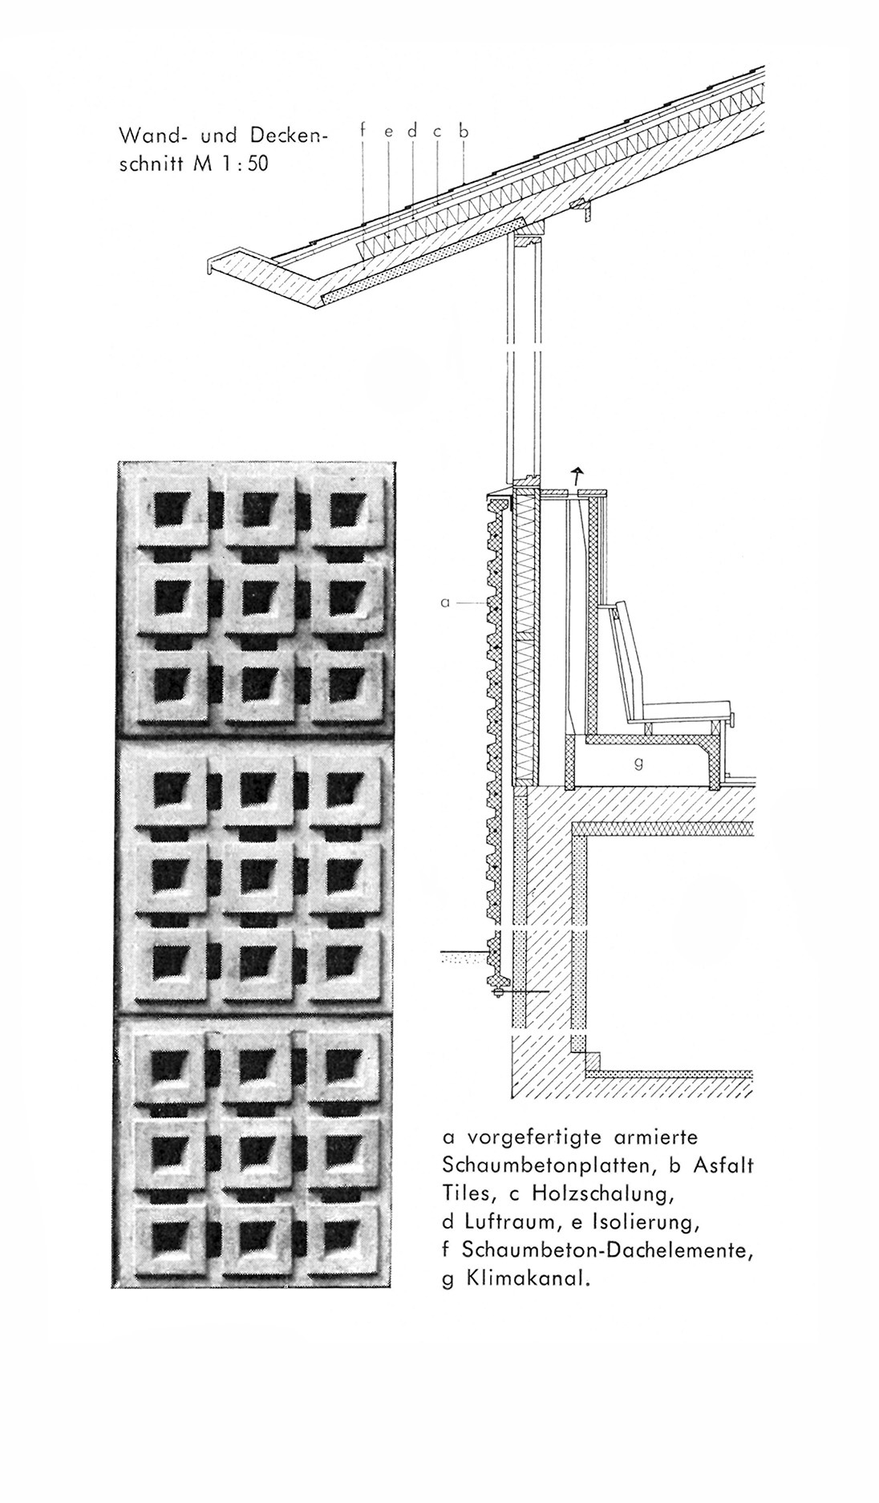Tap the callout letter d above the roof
coord(412,129)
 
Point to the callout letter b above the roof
coord(463,129)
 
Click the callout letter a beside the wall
coord(446,602)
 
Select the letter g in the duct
coord(638,764)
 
